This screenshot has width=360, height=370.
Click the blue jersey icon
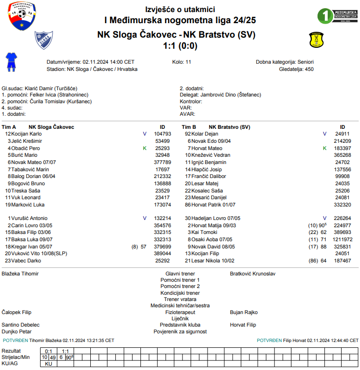click(11, 62)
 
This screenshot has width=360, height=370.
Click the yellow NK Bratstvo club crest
click(316, 40)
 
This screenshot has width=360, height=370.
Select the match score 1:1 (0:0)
click(180, 46)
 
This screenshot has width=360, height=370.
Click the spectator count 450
click(309, 69)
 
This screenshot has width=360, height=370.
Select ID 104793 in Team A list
click(163, 134)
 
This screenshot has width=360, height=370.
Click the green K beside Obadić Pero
click(144, 148)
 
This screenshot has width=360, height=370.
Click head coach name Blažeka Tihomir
click(20, 274)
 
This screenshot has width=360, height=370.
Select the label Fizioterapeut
click(180, 312)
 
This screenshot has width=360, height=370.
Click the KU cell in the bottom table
click(48, 364)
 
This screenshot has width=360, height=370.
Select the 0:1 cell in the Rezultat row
click(48, 351)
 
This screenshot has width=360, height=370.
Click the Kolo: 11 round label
click(181, 62)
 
